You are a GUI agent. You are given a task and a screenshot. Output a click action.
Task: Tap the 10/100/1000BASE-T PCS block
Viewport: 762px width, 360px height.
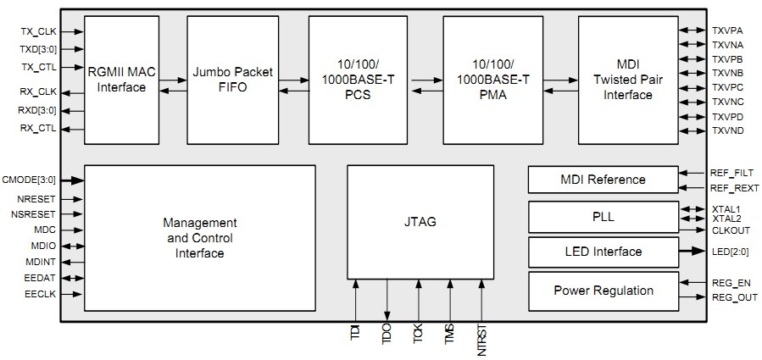point(359,80)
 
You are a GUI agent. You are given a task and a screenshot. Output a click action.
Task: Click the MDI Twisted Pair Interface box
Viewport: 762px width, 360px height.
point(628,80)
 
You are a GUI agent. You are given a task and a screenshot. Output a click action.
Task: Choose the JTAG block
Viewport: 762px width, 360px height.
point(420,222)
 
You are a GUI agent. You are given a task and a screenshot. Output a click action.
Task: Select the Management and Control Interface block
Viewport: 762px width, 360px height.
point(199,237)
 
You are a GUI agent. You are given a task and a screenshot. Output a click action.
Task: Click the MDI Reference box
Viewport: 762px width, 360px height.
point(603,180)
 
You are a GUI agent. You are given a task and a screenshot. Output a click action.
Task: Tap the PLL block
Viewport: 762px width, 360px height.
point(603,217)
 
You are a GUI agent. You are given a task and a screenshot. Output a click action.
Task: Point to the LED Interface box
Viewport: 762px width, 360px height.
point(603,252)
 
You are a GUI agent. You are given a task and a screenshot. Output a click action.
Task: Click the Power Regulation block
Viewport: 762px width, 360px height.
point(603,291)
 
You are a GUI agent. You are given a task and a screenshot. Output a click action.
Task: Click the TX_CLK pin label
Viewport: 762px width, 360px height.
point(38,31)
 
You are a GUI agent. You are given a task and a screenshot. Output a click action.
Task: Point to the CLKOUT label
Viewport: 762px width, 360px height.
point(729,230)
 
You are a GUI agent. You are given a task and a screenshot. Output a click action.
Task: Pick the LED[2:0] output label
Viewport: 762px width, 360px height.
point(728,252)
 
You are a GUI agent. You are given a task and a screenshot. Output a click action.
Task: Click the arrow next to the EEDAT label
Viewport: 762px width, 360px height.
point(72,278)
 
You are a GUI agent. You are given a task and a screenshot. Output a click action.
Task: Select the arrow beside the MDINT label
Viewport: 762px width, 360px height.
point(72,262)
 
